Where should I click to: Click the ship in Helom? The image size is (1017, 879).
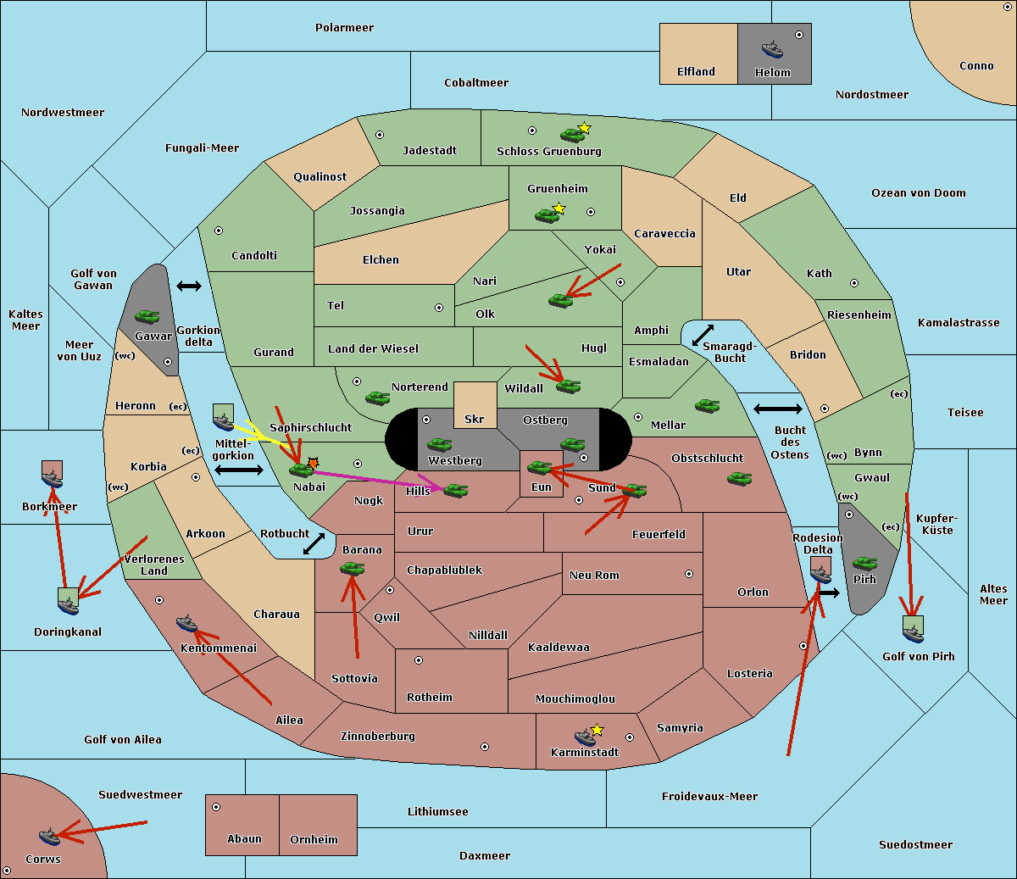tap(772, 49)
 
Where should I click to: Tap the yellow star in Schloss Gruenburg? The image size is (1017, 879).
tap(584, 128)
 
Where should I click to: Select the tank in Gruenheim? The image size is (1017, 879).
tap(547, 215)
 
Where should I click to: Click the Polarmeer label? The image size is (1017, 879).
tap(344, 28)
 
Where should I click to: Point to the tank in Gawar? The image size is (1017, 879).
tap(147, 316)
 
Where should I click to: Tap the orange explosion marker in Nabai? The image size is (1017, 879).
tap(313, 463)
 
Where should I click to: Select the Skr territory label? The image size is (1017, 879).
tap(474, 419)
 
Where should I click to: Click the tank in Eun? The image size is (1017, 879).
tap(539, 468)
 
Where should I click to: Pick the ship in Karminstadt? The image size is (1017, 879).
tap(585, 737)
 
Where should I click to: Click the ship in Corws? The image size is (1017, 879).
tap(50, 837)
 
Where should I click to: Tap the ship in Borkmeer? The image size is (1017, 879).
tap(52, 478)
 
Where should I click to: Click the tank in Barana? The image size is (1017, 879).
tap(353, 569)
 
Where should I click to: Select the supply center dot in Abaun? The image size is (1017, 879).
tap(216, 807)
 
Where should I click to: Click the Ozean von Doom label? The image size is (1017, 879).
tap(919, 193)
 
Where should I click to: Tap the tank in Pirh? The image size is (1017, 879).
tap(864, 563)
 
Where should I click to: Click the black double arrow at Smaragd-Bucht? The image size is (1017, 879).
tap(703, 335)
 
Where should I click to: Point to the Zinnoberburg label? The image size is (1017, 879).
tap(378, 736)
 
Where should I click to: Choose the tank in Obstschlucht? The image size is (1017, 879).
tap(740, 478)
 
